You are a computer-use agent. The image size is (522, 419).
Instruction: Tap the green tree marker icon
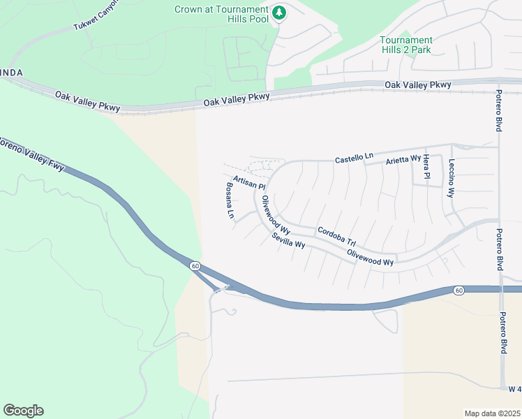click(x=279, y=13)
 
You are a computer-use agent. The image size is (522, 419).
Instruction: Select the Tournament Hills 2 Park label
click(x=405, y=45)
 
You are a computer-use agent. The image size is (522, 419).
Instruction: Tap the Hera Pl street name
click(x=426, y=168)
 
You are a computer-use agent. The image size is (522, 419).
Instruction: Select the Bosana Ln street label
click(x=230, y=200)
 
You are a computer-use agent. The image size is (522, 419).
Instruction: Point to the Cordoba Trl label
click(x=336, y=234)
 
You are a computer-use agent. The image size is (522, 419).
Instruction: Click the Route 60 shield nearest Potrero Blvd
click(x=458, y=291)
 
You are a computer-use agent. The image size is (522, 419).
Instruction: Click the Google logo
click(x=23, y=411)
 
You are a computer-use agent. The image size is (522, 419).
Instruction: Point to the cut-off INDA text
click(x=11, y=73)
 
